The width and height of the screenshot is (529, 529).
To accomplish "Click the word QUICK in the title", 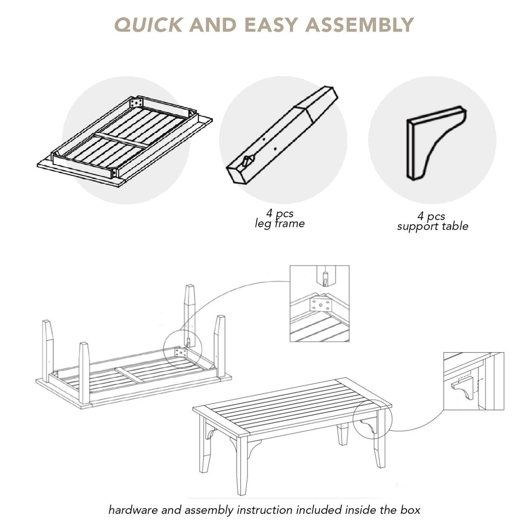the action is pyautogui.click(x=148, y=25).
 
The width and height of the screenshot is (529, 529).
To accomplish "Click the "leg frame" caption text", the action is pyautogui.click(x=279, y=223).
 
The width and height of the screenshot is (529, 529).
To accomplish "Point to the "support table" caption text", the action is pyautogui.click(x=432, y=226).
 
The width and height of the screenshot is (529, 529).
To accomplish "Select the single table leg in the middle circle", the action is pyautogui.click(x=282, y=135).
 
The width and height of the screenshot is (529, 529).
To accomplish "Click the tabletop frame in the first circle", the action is pyautogui.click(x=125, y=141).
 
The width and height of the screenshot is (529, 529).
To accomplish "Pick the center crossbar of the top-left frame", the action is pyautogui.click(x=121, y=140).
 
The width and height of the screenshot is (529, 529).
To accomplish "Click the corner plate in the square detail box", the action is pyautogui.click(x=321, y=305).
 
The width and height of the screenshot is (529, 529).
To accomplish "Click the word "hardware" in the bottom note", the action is pyautogui.click(x=133, y=509).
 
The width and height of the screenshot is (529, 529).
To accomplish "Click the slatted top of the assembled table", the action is pyautogui.click(x=292, y=406).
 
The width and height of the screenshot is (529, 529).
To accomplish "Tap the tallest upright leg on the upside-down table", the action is pyautogui.click(x=190, y=316).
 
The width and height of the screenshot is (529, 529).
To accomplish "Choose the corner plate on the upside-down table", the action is pyautogui.click(x=181, y=353).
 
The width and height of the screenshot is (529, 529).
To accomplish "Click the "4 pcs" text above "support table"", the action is pyautogui.click(x=431, y=216).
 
